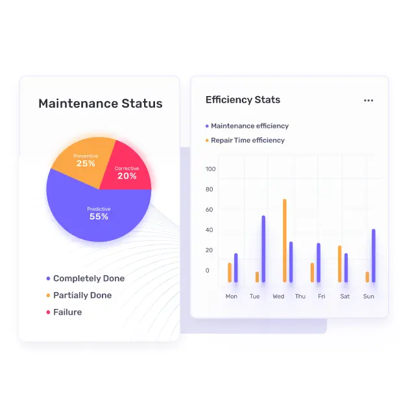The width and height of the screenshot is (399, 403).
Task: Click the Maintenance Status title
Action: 100,104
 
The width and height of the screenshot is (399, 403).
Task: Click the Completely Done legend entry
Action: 88,278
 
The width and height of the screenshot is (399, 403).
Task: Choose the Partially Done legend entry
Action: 82,295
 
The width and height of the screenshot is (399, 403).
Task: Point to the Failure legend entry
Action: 67,312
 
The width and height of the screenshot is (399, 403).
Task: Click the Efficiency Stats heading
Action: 243,100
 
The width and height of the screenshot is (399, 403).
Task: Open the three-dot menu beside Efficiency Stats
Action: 369,101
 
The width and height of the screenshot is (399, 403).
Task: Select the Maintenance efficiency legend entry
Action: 249,126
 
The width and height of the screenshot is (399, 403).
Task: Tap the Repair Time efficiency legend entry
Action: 247,140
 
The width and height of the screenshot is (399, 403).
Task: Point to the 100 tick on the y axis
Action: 210,169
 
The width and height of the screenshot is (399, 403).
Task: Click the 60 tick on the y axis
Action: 210,210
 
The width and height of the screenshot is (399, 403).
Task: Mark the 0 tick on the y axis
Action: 208,271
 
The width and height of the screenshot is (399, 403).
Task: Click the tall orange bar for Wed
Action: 284,240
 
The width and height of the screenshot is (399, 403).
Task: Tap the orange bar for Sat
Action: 339,263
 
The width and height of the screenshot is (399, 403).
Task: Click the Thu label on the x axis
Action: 300,297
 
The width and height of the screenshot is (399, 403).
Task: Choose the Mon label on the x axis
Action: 231,297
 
